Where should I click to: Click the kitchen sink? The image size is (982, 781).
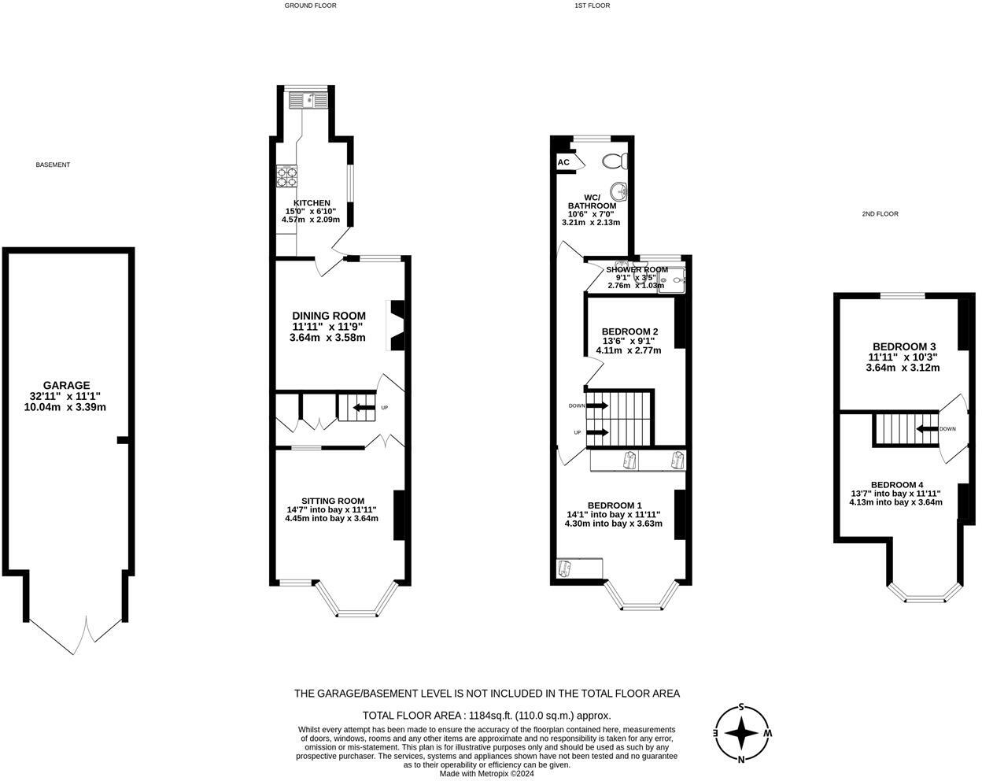click(x=308, y=101)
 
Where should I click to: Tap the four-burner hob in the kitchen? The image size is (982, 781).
click(x=286, y=176)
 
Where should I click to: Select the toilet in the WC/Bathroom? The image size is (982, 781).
click(x=615, y=161)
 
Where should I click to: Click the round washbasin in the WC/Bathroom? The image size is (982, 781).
click(x=618, y=191)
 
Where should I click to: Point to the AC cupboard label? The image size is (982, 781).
click(x=563, y=162)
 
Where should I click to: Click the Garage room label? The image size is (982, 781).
click(x=67, y=385)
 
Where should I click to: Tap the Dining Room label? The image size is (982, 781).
click(x=329, y=316)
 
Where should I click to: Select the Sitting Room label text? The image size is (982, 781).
click(x=333, y=501)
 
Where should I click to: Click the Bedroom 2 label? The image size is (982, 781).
click(x=629, y=331)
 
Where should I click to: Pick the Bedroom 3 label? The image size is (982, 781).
click(x=904, y=346)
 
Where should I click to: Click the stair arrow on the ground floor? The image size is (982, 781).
click(x=364, y=407)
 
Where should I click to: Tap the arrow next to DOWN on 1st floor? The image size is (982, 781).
click(x=597, y=405)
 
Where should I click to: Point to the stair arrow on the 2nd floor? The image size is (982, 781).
click(x=928, y=429)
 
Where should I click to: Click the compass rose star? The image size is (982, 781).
click(x=742, y=733)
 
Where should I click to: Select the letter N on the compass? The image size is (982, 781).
click(x=741, y=760)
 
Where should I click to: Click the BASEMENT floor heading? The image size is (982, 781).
click(x=53, y=165)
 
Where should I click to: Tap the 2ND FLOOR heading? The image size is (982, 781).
click(x=880, y=213)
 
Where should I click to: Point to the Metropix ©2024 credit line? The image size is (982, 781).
click(x=486, y=774)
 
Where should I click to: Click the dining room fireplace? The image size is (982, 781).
click(x=395, y=325)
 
